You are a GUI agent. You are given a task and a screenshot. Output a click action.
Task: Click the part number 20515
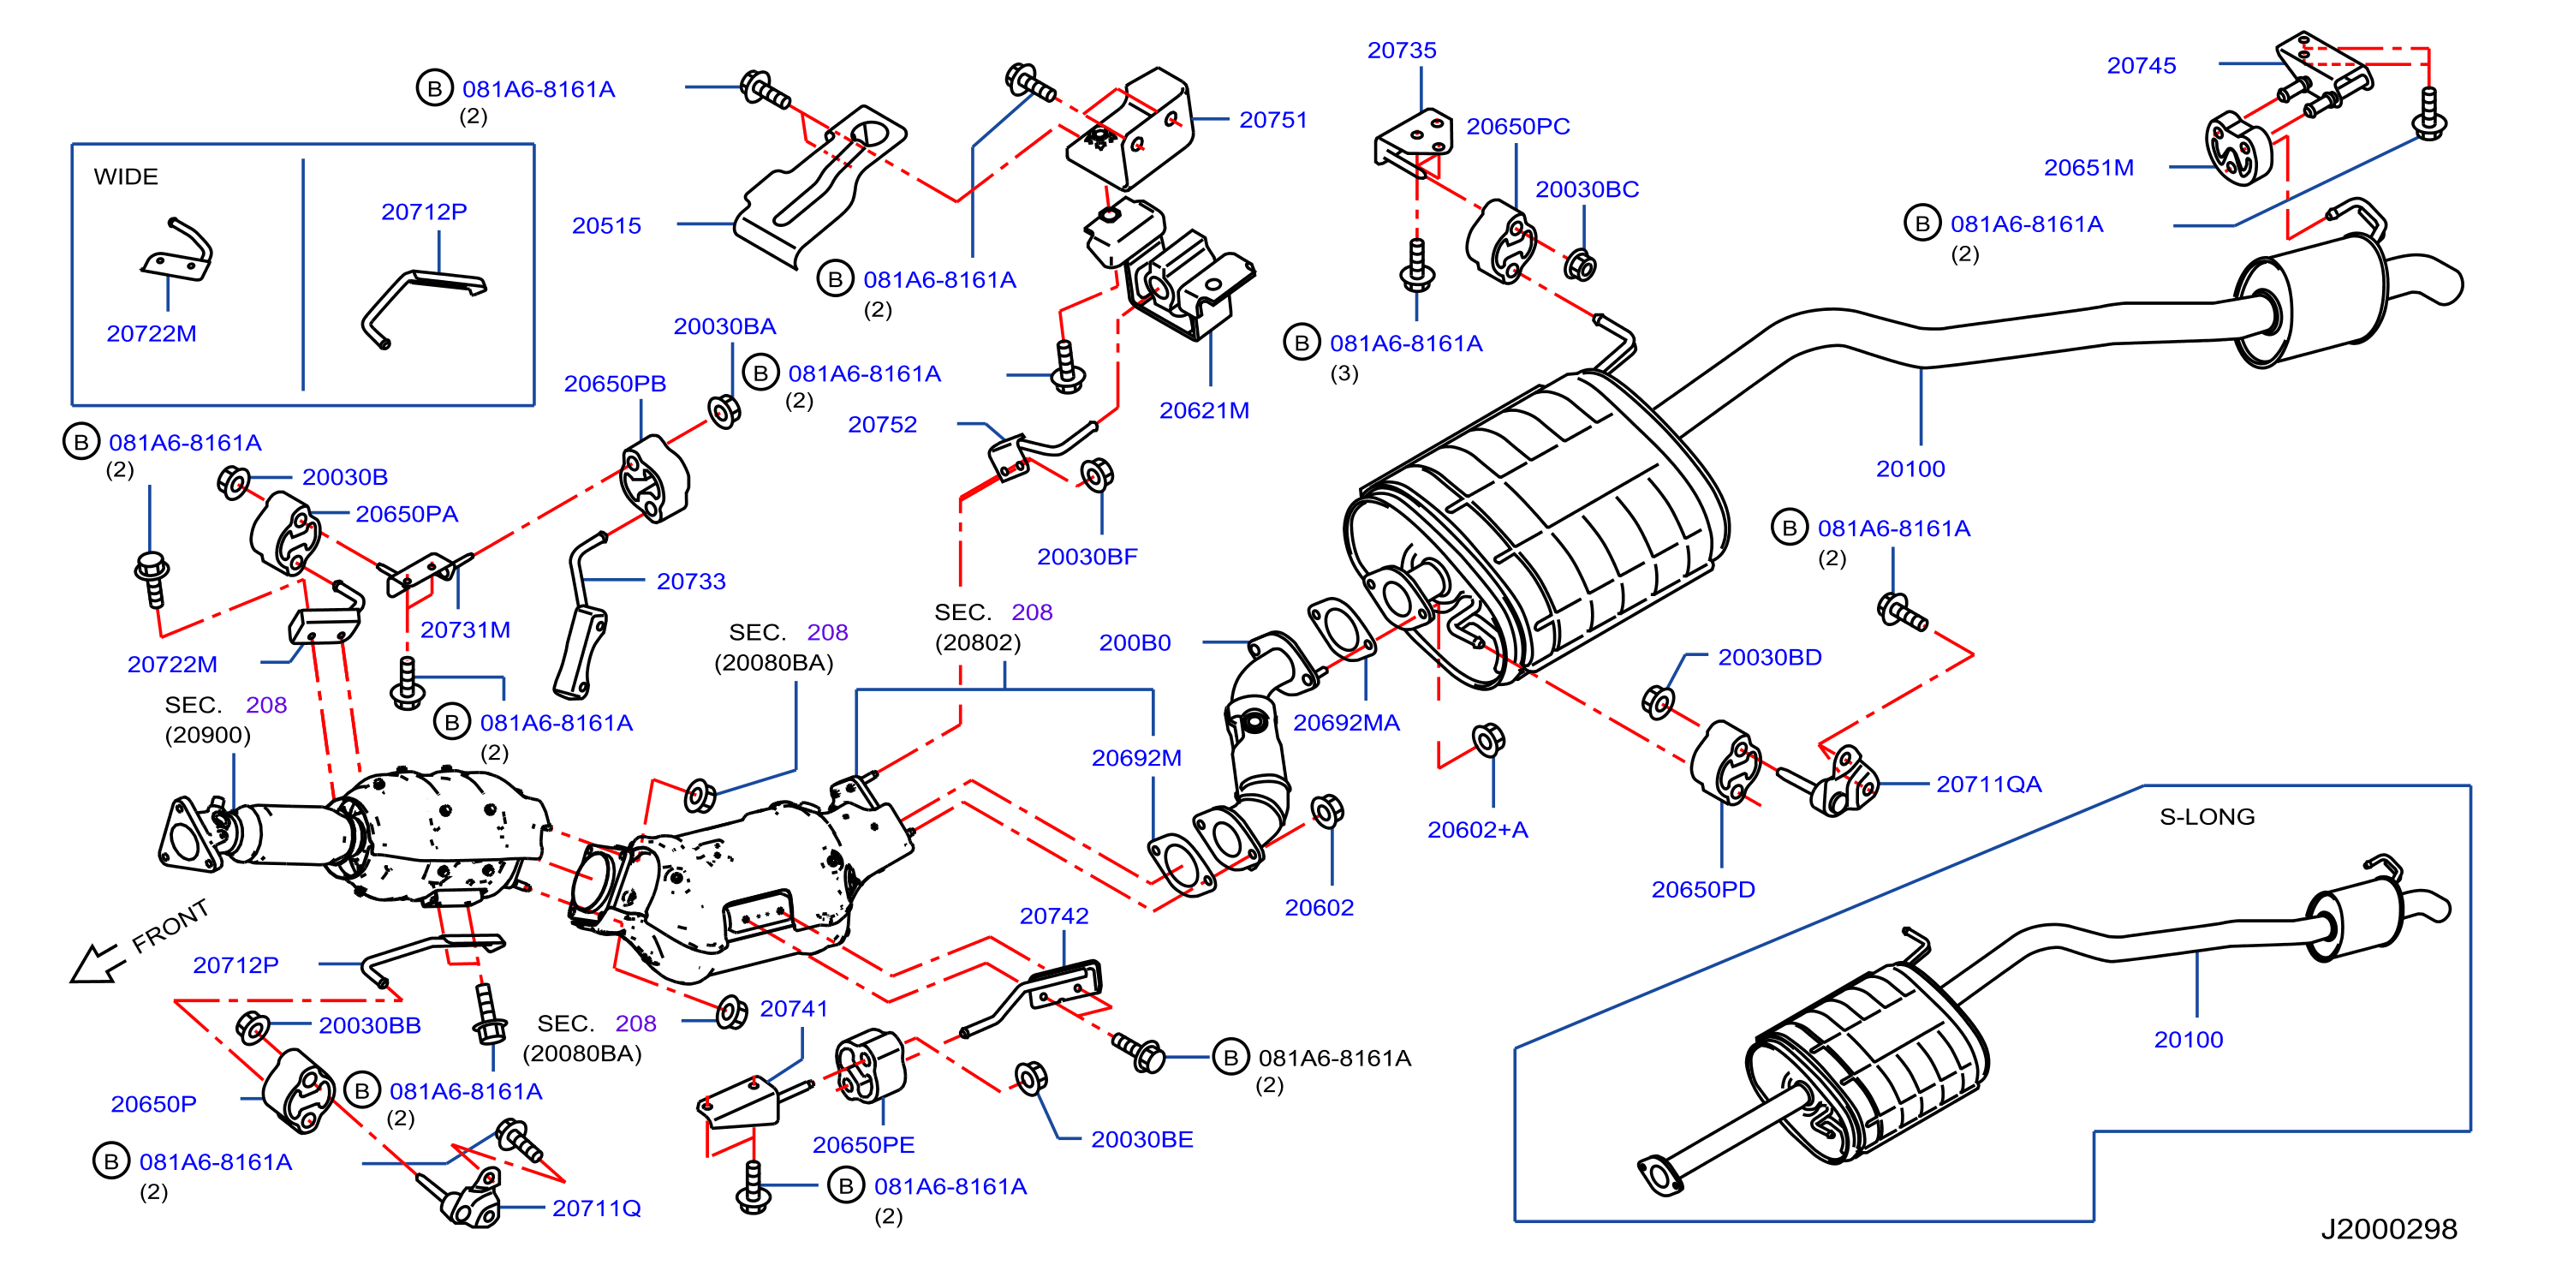[606, 226]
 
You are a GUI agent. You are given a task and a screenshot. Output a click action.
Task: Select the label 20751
[1273, 120]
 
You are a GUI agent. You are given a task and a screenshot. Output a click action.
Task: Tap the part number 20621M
[1204, 411]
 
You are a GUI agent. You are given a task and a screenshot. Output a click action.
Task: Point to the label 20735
[1401, 51]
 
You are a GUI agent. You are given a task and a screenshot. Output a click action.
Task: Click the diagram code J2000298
[2388, 1229]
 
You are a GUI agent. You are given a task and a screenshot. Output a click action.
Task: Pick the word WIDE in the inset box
[126, 176]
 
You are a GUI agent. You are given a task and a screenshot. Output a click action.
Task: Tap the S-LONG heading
[2207, 816]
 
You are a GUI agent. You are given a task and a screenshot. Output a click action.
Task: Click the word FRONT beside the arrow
[170, 926]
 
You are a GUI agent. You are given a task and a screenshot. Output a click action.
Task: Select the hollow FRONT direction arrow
[98, 964]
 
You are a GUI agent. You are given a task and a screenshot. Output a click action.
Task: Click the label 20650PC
[1518, 127]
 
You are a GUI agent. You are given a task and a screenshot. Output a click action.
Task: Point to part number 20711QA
[1988, 785]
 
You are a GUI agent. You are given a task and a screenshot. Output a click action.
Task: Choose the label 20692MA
[1345, 724]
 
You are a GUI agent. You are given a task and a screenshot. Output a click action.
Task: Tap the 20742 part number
[1054, 916]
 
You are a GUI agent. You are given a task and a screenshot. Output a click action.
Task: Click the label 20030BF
[1087, 558]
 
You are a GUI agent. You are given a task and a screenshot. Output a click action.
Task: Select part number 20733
[691, 582]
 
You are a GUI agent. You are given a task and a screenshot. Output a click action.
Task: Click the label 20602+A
[1477, 831]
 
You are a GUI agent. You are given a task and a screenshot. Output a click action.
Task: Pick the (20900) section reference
[207, 735]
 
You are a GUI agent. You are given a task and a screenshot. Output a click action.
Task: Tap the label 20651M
[2088, 169]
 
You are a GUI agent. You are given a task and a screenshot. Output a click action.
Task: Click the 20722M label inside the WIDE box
[151, 334]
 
